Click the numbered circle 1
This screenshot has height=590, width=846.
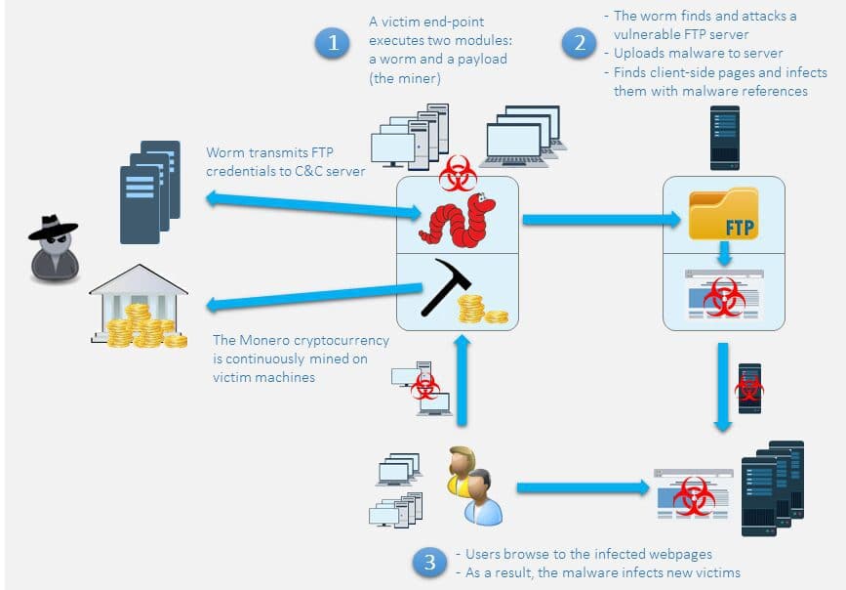(x=334, y=43)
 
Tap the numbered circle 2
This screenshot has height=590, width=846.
(x=578, y=43)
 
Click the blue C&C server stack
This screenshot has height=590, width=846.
(x=149, y=189)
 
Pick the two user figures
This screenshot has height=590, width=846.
(x=474, y=485)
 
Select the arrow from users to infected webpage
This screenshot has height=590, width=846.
(x=581, y=486)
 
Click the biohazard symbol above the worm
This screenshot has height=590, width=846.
(x=458, y=177)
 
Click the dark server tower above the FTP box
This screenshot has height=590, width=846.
(x=725, y=137)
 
